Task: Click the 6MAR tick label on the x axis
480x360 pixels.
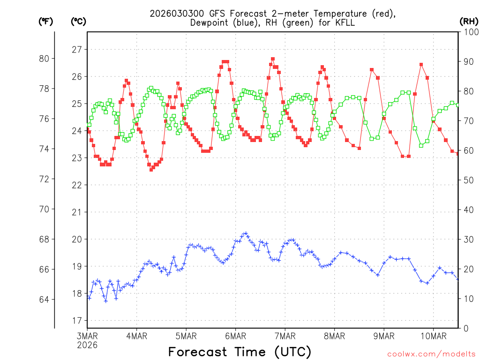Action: click(235, 336)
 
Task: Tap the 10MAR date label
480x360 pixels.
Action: click(433, 336)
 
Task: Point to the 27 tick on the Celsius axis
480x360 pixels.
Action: click(76, 49)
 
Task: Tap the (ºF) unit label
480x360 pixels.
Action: click(46, 21)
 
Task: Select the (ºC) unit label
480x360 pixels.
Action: click(78, 21)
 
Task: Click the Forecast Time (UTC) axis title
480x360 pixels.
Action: click(240, 352)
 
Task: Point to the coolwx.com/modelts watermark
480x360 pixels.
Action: click(431, 354)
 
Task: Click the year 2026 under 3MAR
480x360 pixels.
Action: click(87, 345)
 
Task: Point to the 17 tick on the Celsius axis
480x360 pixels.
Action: click(76, 321)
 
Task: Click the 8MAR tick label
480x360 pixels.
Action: click(334, 336)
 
